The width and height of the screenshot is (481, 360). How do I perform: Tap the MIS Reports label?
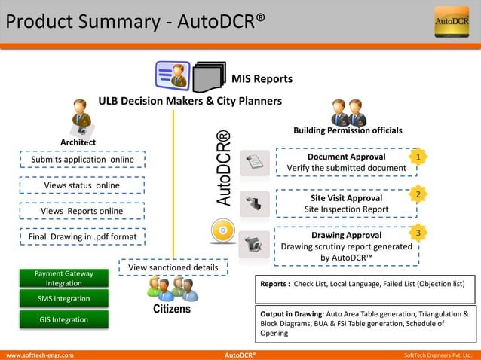click(262, 78)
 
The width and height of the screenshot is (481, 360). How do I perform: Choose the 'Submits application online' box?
click(82, 160)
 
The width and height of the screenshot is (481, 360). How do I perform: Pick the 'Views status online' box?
click(81, 185)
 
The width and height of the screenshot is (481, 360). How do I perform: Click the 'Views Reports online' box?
click(81, 211)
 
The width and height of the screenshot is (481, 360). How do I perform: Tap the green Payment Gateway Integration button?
click(64, 278)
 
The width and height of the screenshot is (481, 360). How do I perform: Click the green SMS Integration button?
click(64, 299)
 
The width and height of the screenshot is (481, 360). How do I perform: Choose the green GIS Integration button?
click(64, 319)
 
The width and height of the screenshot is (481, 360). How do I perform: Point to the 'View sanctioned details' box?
click(173, 267)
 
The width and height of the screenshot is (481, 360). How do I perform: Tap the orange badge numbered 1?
click(418, 156)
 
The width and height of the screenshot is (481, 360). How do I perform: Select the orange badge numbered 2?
click(418, 194)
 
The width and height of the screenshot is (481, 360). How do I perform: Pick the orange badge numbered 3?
click(418, 233)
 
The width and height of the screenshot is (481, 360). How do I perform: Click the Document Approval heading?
click(347, 157)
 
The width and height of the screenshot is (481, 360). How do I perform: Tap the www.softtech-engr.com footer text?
click(40, 354)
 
